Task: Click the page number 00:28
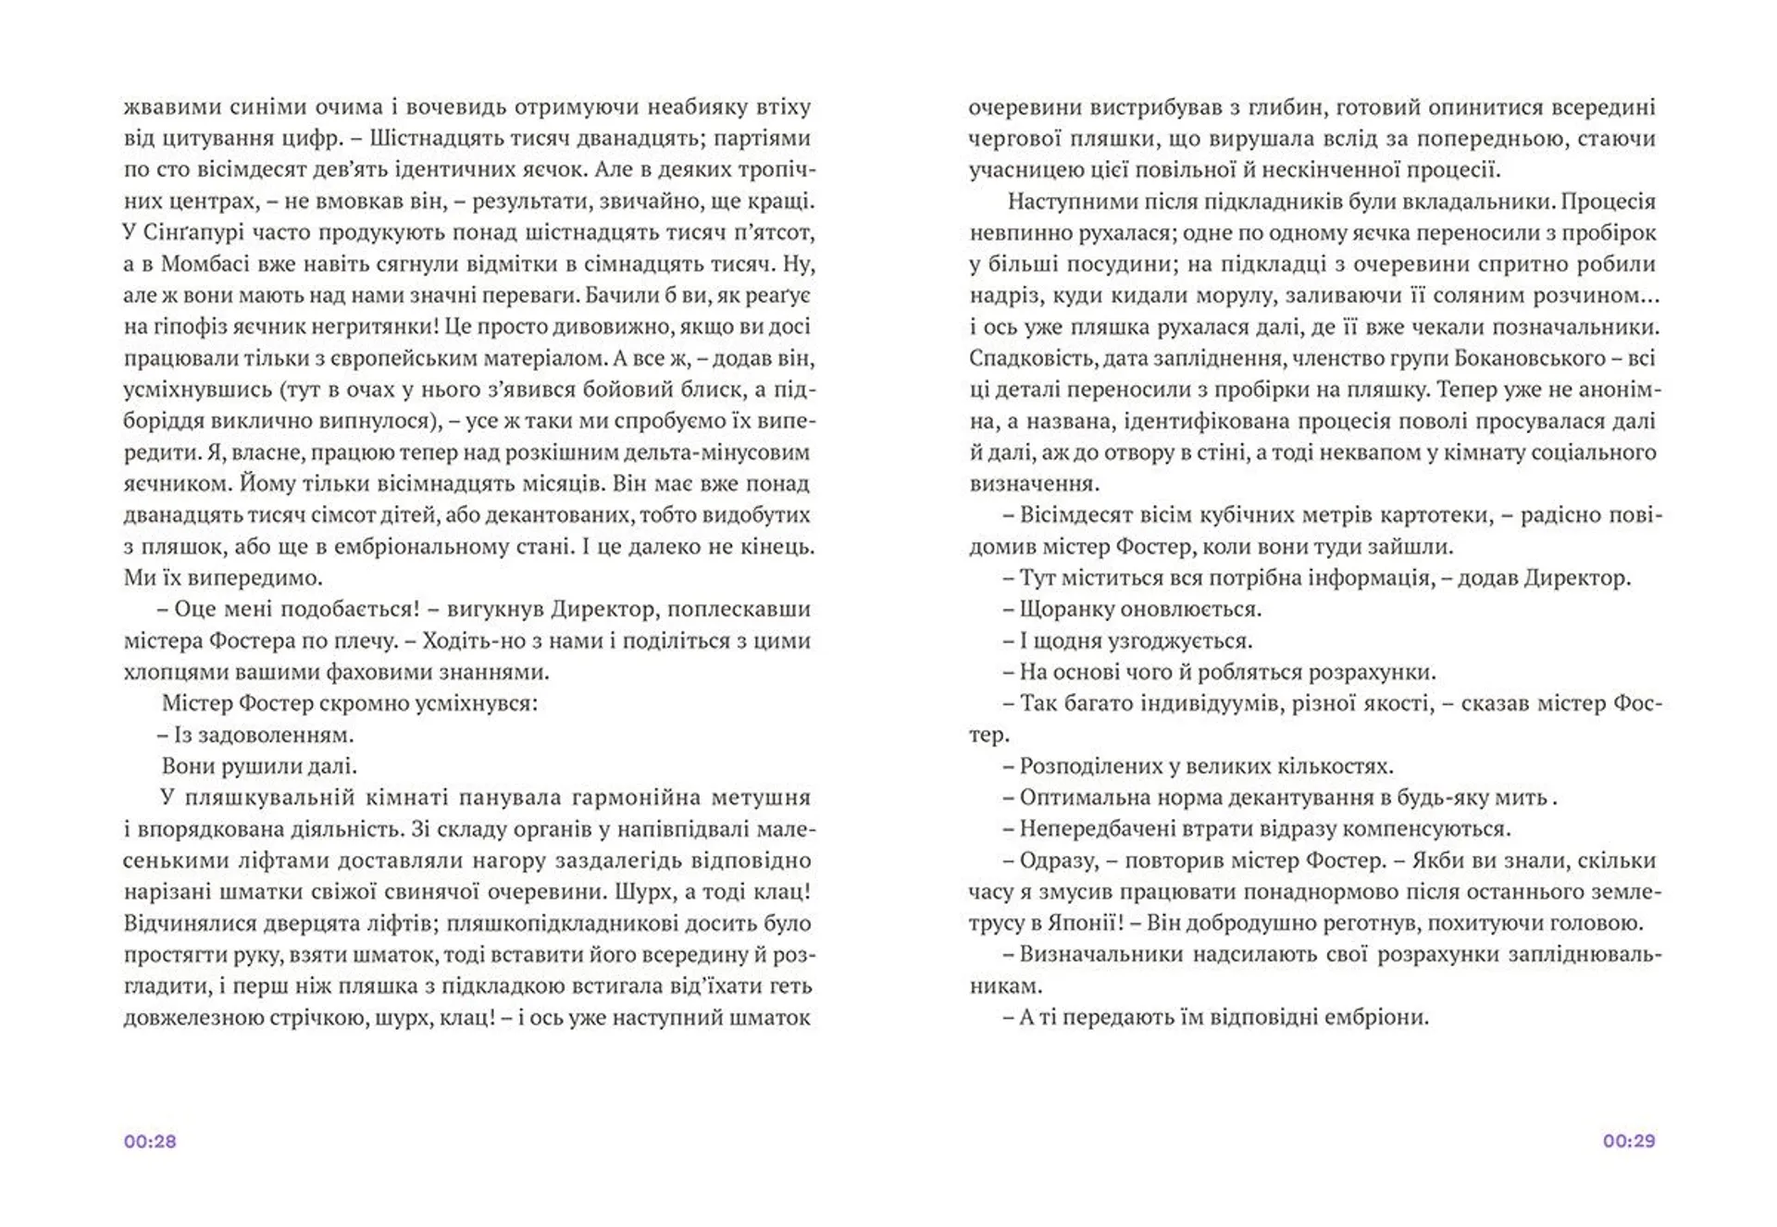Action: coord(150,1141)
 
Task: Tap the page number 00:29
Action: coord(1629,1141)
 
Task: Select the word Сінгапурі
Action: coord(191,232)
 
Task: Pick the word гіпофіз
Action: coord(193,327)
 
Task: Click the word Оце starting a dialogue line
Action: coord(194,609)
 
